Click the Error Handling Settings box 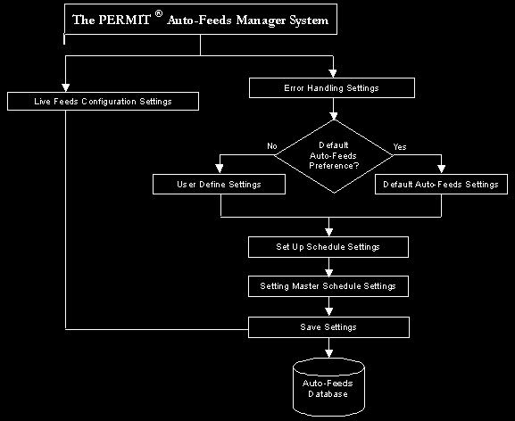(332, 88)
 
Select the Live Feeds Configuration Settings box (103, 101)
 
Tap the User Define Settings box (219, 184)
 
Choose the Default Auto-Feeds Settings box (441, 184)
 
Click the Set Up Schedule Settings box (328, 247)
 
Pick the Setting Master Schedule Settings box (328, 286)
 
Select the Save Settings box (328, 327)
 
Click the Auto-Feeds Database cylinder (328, 387)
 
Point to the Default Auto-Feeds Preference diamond (334, 156)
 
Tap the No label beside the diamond (272, 146)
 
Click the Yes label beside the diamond (400, 146)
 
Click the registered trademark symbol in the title (159, 13)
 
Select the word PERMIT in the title (124, 20)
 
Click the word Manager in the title (262, 21)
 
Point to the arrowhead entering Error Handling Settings (333, 73)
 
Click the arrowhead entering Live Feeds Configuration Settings (66, 87)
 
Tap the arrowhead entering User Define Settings (220, 169)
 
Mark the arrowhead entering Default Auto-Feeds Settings (442, 169)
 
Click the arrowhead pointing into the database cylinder (328, 353)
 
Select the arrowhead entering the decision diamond (334, 116)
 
